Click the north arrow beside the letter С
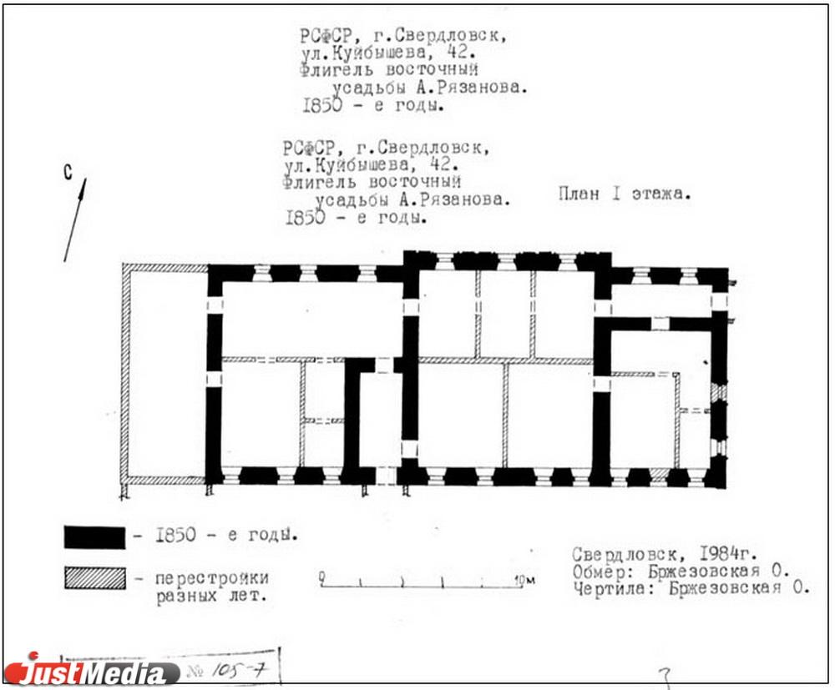[x=75, y=219]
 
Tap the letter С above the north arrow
[x=68, y=173]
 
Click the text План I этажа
[x=625, y=193]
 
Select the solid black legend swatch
[x=95, y=536]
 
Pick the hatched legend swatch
[x=95, y=577]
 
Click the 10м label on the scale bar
[x=525, y=579]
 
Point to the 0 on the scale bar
[x=322, y=577]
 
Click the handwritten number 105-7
[x=239, y=670]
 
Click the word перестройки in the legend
[x=212, y=578]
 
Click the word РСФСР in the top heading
[x=326, y=36]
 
